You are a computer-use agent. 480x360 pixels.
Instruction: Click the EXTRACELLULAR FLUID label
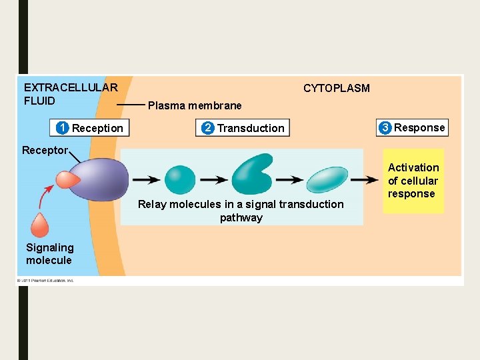click(70, 94)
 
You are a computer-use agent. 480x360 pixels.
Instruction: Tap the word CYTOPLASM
click(336, 88)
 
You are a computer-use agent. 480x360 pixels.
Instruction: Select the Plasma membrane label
click(195, 105)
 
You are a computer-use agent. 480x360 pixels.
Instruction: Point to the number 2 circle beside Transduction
click(208, 128)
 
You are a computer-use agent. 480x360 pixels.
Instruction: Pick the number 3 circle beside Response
click(385, 127)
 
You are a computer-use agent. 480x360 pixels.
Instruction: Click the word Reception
click(97, 128)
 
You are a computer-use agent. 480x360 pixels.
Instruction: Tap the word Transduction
click(251, 128)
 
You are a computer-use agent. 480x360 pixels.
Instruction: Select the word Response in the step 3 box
click(419, 127)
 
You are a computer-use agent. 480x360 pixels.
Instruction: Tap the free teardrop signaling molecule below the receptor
click(40, 225)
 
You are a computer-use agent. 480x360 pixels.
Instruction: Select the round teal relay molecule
click(179, 179)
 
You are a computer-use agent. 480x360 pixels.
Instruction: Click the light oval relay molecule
click(327, 179)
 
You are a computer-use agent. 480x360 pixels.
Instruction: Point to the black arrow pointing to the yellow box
click(364, 179)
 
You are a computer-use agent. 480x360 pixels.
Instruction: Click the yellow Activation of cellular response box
click(413, 181)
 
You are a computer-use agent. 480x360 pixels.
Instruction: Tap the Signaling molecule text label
click(49, 254)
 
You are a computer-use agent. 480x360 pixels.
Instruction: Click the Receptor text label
click(45, 150)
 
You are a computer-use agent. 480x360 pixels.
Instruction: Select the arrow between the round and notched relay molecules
click(214, 179)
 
